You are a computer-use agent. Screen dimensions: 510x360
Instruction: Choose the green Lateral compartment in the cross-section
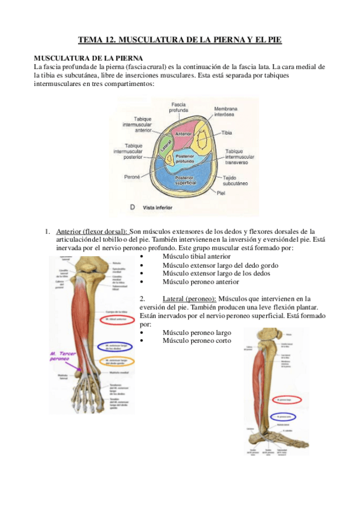pyautogui.click(x=165, y=144)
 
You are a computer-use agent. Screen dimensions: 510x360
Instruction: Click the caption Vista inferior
pyautogui.click(x=157, y=207)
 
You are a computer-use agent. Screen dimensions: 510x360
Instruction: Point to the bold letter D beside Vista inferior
pyautogui.click(x=132, y=207)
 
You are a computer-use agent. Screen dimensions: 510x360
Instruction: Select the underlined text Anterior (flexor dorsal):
pyautogui.click(x=91, y=232)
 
